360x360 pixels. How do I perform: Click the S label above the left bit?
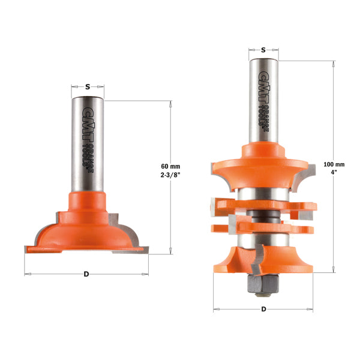pyautogui.click(x=88, y=86)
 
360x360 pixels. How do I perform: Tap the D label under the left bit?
pyautogui.click(x=86, y=274)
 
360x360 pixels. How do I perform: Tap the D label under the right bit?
pyautogui.click(x=265, y=310)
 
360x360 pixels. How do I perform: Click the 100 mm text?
pyautogui.click(x=334, y=164)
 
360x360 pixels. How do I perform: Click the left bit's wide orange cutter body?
pyautogui.click(x=87, y=231)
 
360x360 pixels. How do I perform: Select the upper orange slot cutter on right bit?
pyautogui.click(x=264, y=205)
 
